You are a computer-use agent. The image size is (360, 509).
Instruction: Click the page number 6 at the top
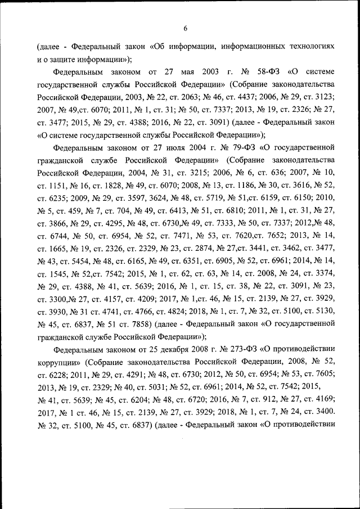(185, 28)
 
